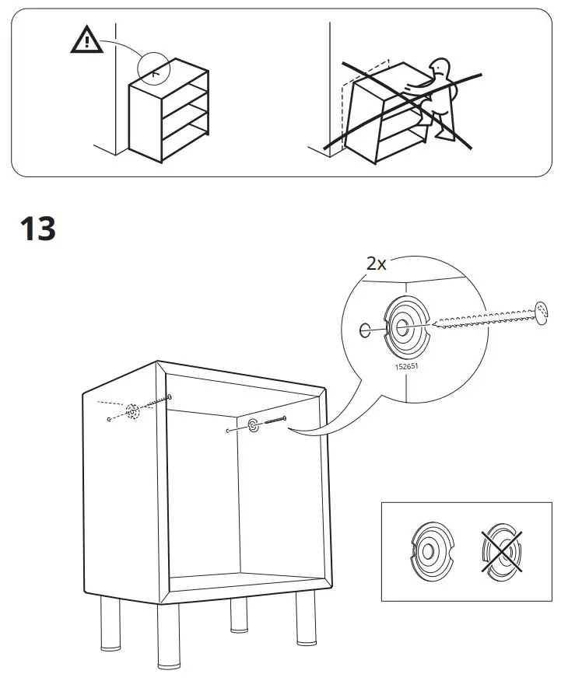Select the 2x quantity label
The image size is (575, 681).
tap(377, 263)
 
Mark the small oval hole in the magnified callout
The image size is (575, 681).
tap(366, 331)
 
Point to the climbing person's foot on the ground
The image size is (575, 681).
tap(445, 136)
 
